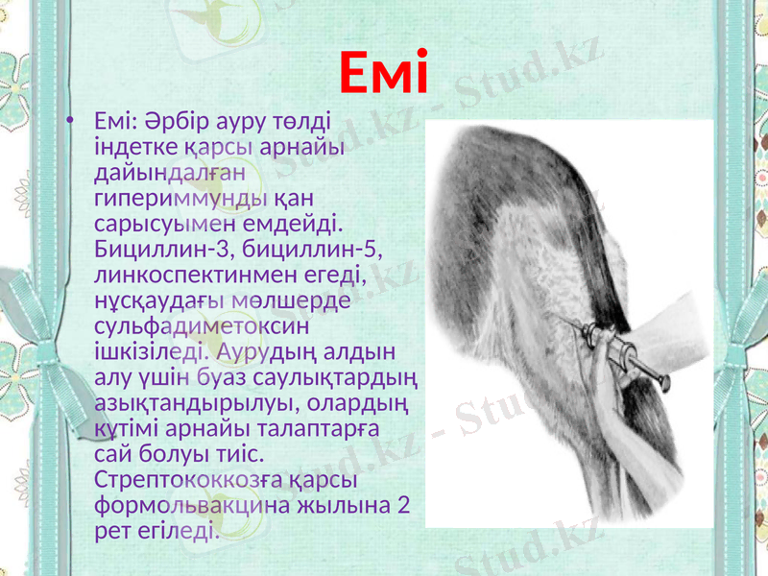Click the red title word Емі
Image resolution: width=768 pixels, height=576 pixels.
[x=383, y=74]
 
